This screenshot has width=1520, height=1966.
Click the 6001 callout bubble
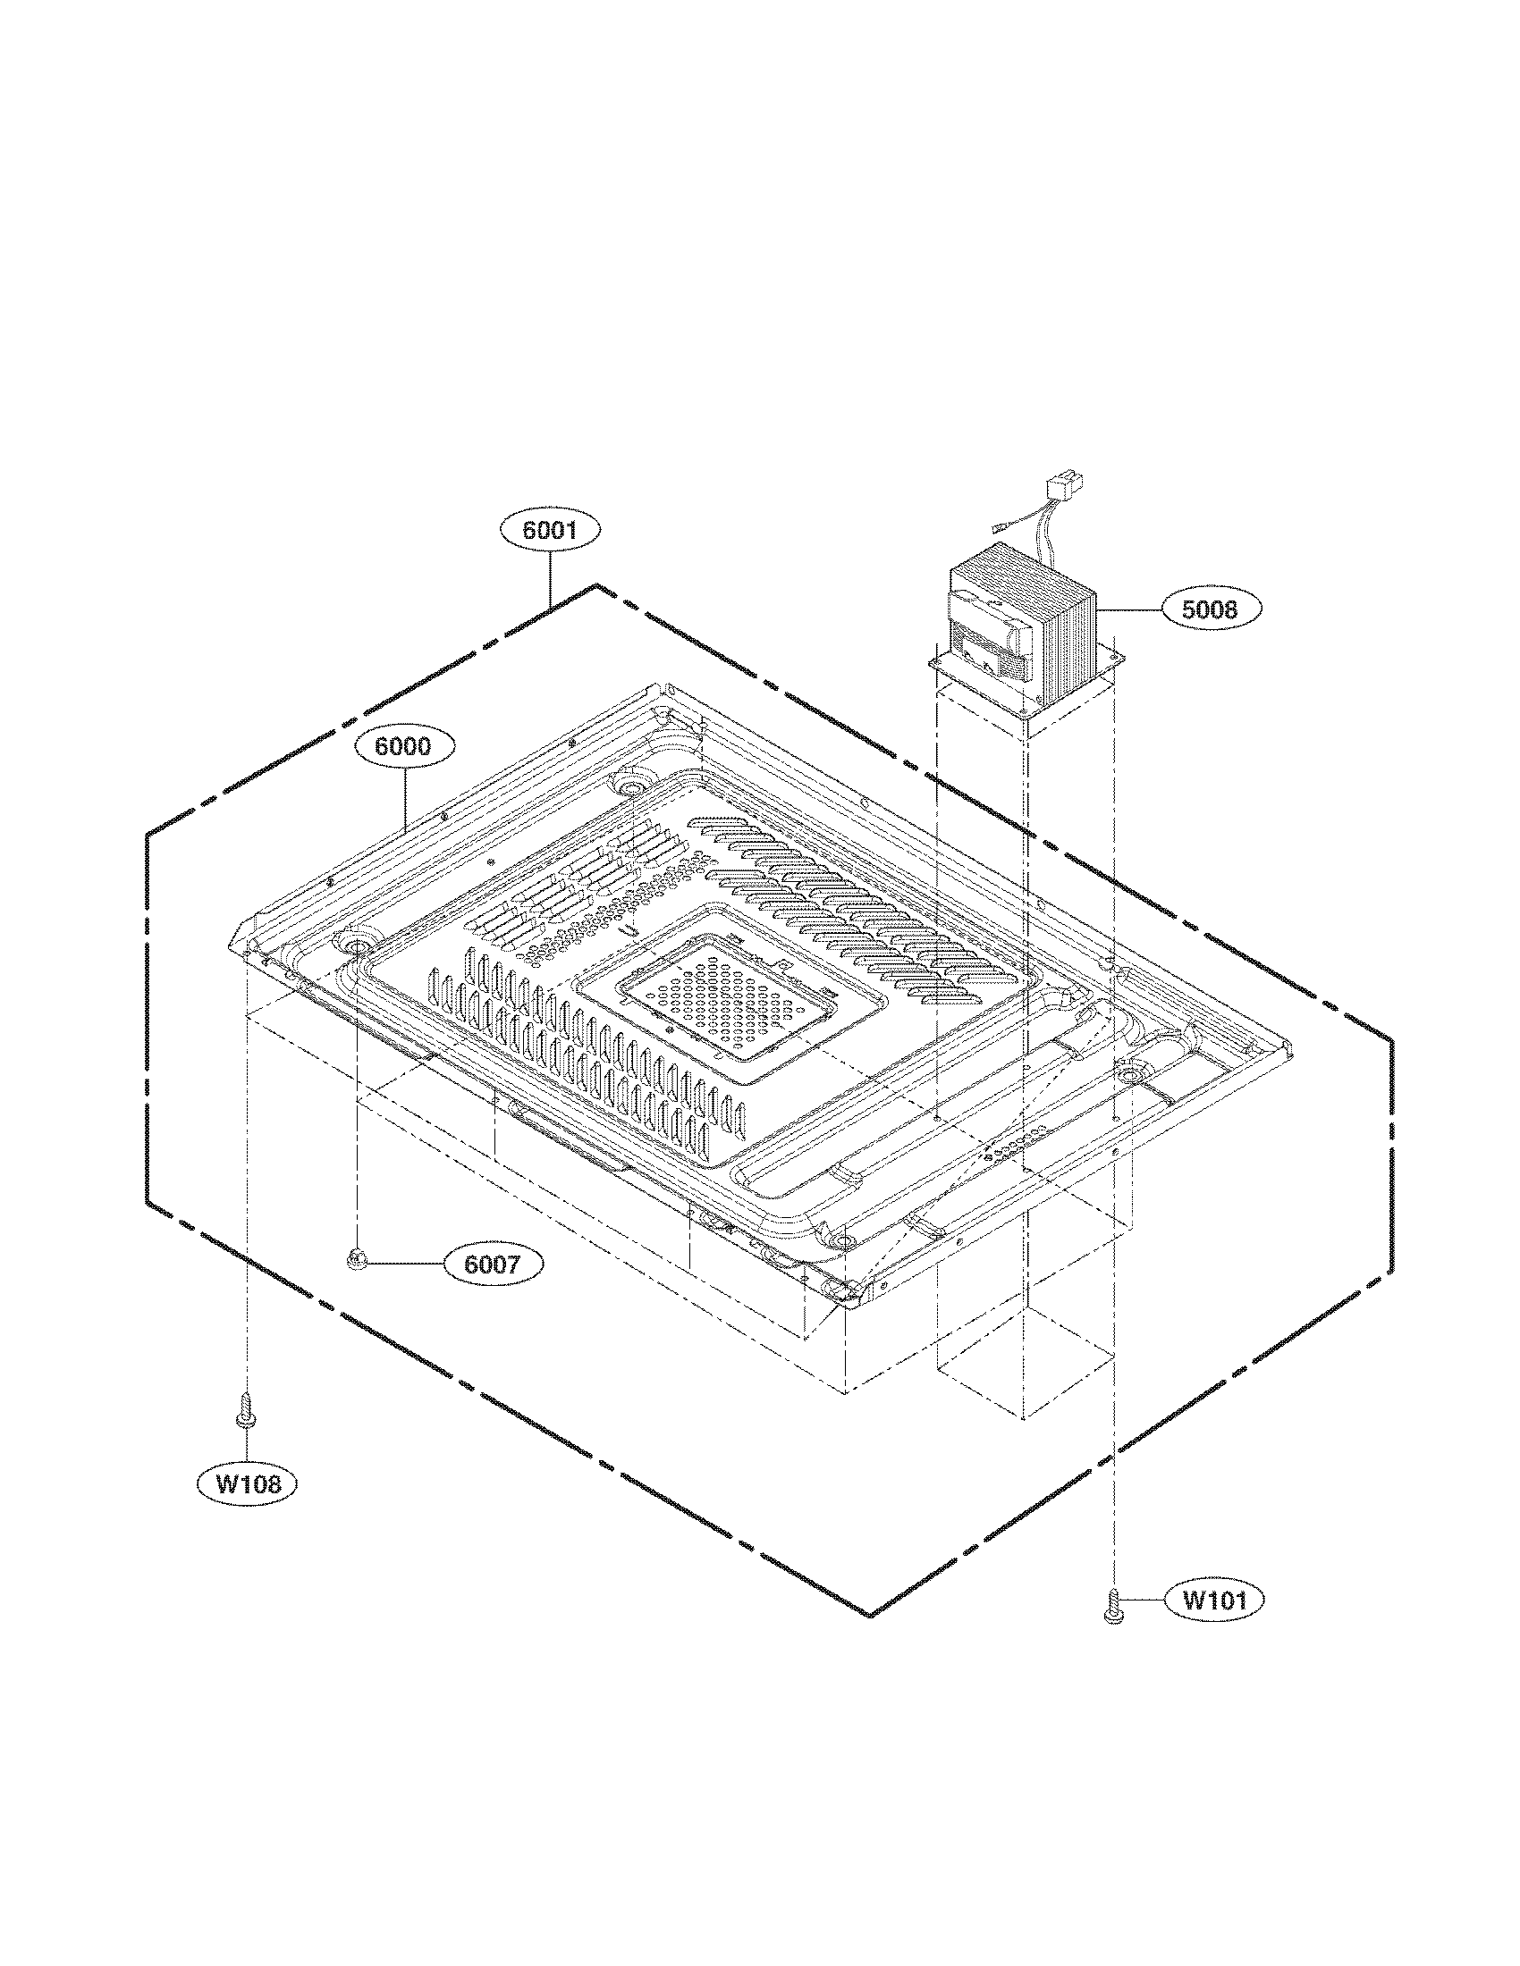tap(549, 531)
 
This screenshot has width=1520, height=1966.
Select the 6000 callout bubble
tap(404, 746)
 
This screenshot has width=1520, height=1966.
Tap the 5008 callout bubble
tap(1210, 609)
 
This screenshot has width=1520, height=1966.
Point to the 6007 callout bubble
tap(493, 1264)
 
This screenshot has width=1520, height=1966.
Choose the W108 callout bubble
tap(246, 1483)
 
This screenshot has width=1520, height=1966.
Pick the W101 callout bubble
tap(1213, 1600)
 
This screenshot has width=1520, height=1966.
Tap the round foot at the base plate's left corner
tap(354, 947)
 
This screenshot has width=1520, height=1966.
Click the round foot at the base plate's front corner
tap(842, 1242)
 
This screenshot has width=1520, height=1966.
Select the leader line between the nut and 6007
tap(402, 1264)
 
